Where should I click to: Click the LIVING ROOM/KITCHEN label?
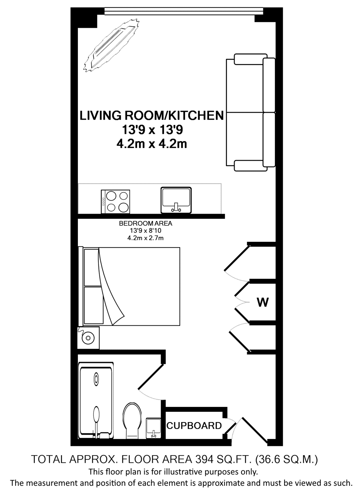[x=152, y=116]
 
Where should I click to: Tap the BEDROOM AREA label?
[x=145, y=223]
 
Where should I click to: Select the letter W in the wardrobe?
[x=263, y=302]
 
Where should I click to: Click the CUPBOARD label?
[x=194, y=425]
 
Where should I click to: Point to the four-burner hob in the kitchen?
[x=116, y=202]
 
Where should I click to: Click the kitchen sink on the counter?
[x=176, y=200]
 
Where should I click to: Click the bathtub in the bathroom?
[x=96, y=401]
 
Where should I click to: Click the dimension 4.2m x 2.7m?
[x=145, y=238]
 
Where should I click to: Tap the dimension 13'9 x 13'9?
[x=152, y=130]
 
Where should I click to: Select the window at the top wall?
[x=184, y=11]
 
